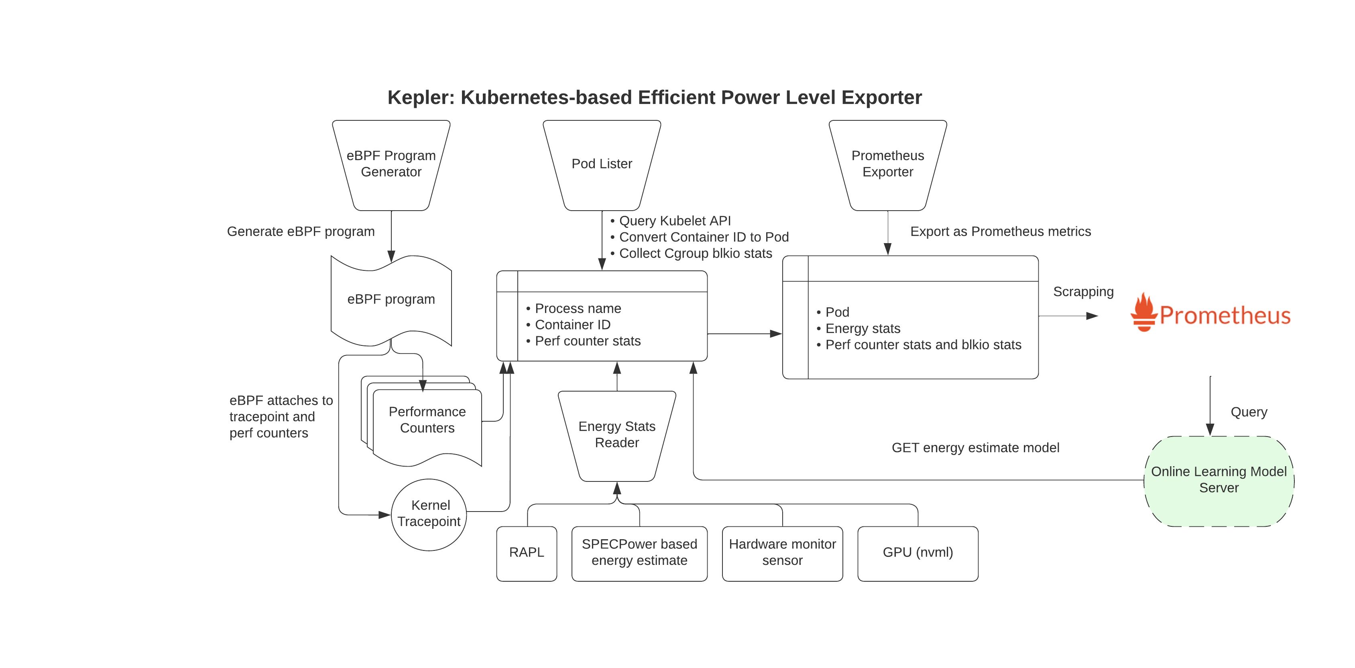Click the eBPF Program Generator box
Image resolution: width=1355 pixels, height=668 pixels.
point(391,164)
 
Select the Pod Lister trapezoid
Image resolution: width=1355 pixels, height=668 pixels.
point(602,164)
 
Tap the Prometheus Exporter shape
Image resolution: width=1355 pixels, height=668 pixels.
point(887,164)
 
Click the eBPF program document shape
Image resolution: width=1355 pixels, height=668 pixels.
point(391,299)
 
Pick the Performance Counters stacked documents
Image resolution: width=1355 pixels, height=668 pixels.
point(427,420)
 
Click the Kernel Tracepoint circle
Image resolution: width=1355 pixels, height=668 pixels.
point(429,514)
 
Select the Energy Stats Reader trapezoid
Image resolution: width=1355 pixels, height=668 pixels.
point(616,435)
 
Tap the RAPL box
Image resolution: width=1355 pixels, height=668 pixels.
point(527,553)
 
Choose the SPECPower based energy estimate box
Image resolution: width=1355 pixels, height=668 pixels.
point(639,553)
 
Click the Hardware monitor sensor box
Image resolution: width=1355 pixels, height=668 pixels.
point(782,553)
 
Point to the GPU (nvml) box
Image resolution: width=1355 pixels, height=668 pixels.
point(918,553)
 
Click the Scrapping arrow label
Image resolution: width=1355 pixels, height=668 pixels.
point(1083,292)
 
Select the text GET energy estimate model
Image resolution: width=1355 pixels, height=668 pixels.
point(975,448)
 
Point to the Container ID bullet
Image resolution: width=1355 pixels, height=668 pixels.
point(572,325)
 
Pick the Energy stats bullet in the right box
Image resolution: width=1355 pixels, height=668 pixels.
point(863,329)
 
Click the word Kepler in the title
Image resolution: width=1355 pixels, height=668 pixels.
point(420,98)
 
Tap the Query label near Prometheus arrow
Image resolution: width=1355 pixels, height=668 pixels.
point(1249,412)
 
